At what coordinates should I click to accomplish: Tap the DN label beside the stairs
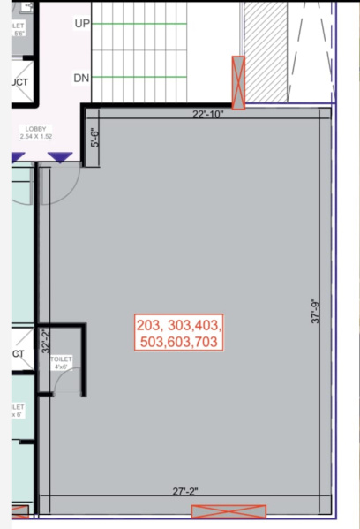81,79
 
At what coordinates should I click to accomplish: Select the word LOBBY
38,128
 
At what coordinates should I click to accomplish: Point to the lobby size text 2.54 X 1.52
38,137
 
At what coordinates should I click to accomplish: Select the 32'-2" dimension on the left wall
44,340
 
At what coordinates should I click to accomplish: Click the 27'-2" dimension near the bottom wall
186,492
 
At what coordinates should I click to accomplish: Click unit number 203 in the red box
152,324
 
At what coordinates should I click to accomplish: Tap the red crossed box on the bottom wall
229,511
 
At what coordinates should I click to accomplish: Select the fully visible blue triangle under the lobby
60,158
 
